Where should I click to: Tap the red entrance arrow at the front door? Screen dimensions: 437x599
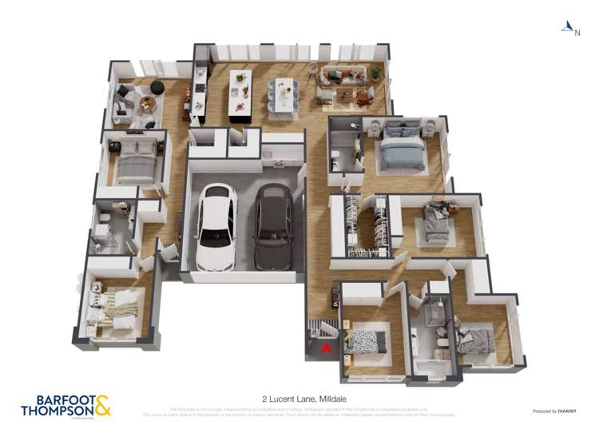coord(324,348)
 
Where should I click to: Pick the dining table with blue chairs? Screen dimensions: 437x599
coord(282,94)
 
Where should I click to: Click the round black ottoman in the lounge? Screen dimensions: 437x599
coord(157,87)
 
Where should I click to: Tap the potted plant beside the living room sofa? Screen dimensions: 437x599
coord(375,73)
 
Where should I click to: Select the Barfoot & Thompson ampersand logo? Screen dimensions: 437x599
coord(102,405)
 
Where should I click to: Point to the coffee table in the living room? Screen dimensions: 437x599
coord(344,96)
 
